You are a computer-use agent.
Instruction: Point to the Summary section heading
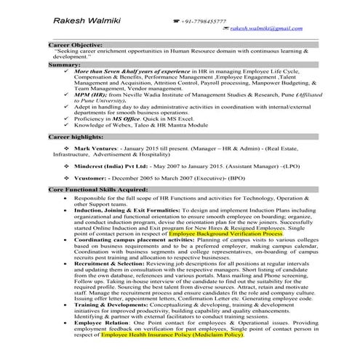pos(65,65)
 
